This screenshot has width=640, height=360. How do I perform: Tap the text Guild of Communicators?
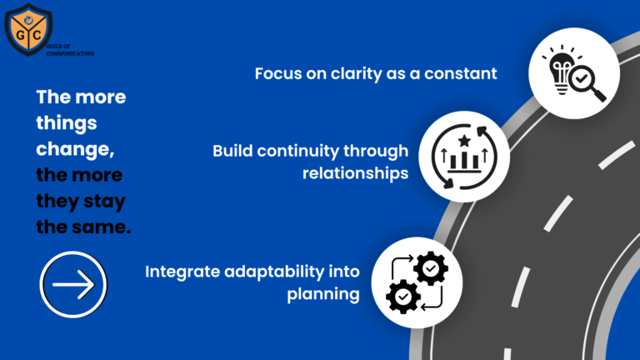point(75,49)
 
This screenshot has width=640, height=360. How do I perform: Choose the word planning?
point(323,293)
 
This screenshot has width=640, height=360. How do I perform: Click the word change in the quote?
point(73,150)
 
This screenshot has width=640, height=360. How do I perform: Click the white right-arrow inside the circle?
point(73,285)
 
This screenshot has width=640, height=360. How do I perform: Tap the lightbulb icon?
point(556,67)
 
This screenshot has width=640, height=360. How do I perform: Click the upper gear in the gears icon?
point(431,267)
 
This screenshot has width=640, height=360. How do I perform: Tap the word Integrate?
point(180,272)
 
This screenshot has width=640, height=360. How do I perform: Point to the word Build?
point(233,152)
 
